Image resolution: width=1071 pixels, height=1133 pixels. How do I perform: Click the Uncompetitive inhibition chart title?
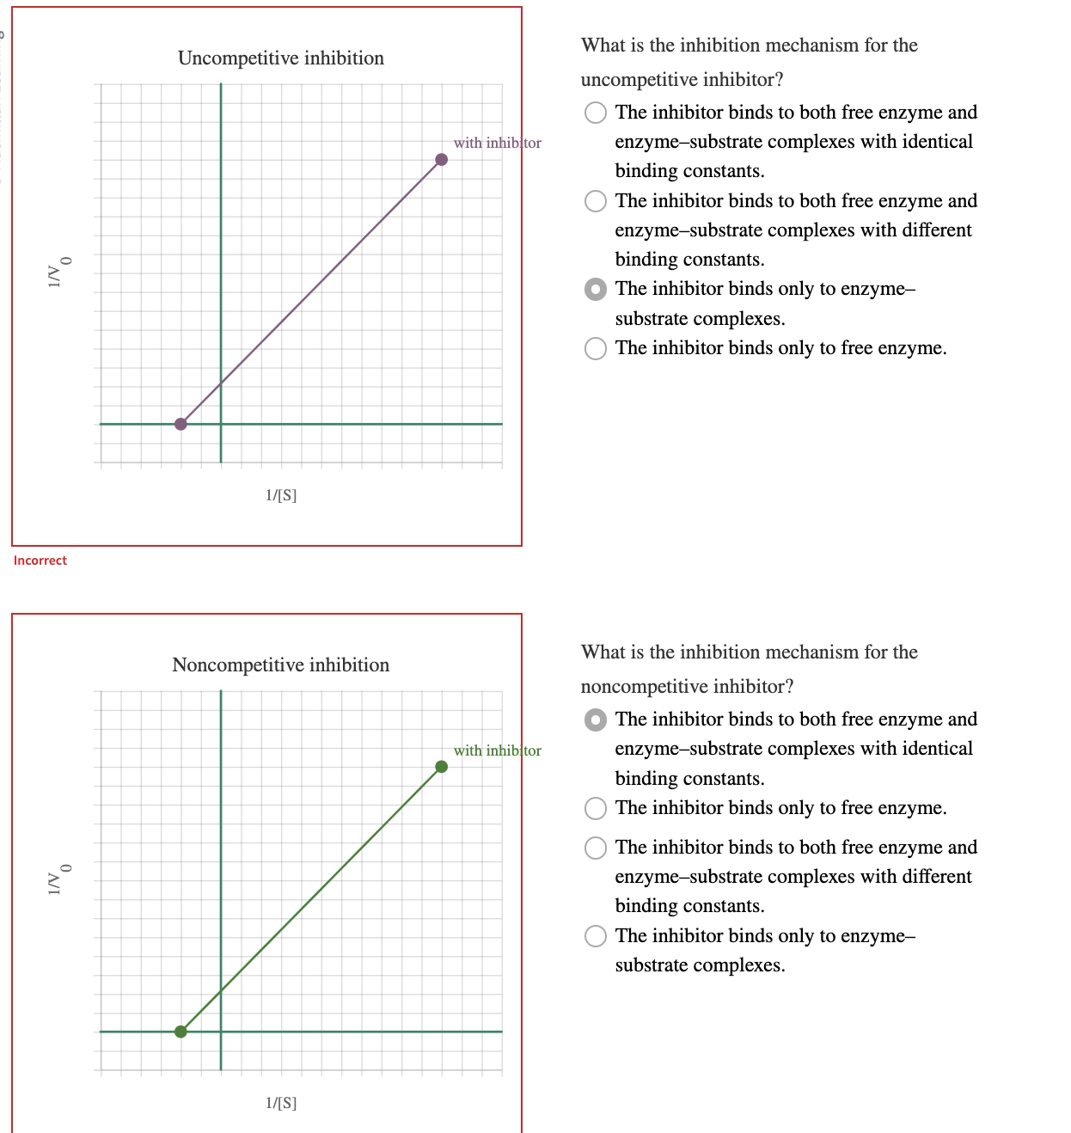point(281,58)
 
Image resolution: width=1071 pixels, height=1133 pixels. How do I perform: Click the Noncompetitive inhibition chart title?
point(281,665)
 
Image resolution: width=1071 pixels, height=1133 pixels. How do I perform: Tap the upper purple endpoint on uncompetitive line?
point(441,160)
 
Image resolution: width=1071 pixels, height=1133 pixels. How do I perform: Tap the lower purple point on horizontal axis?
point(181,424)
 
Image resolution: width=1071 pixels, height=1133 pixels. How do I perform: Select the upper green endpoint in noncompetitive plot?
point(441,767)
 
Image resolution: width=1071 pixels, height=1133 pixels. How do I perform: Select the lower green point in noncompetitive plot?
point(181,1032)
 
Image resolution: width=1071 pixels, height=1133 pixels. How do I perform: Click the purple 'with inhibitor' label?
point(497,143)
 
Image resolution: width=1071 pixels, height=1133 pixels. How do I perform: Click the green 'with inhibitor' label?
point(497,750)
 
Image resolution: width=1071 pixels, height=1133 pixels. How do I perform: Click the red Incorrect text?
point(40,560)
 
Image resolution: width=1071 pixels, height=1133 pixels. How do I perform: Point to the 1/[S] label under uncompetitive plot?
point(281,495)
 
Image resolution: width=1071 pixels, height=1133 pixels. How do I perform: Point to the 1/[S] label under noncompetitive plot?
point(281,1103)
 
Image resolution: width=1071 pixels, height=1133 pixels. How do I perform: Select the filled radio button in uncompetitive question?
point(596,290)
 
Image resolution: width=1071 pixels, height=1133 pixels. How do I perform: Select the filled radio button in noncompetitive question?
point(596,720)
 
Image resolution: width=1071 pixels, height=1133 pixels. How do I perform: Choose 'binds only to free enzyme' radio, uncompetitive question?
point(596,348)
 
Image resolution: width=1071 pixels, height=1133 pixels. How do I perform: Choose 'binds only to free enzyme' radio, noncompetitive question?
point(596,808)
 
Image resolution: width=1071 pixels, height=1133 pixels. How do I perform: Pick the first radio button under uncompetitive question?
point(596,113)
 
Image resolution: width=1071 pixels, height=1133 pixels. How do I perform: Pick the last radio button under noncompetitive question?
point(596,936)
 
